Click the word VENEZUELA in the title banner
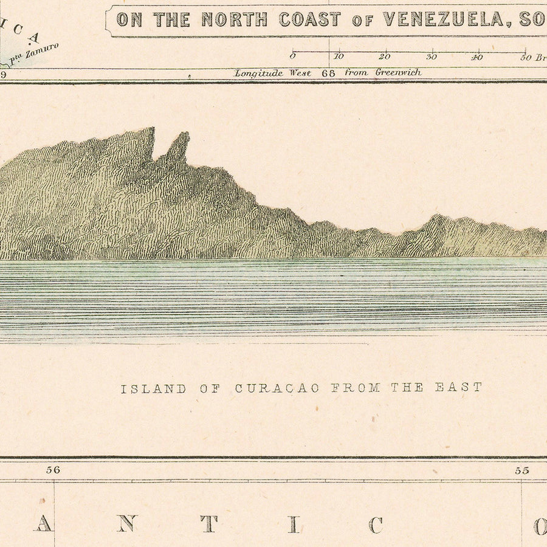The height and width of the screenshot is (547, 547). [444, 19]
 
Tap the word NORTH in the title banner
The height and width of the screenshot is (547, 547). [234, 19]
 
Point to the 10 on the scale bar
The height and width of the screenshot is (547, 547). [338, 57]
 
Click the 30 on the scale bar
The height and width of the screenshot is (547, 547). [431, 57]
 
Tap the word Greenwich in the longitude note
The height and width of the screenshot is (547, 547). [398, 72]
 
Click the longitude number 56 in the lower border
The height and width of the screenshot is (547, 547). [53, 470]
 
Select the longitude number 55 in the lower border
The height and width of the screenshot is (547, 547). [521, 470]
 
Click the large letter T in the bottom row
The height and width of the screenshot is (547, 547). [209, 524]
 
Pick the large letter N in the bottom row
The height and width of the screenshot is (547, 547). [126, 524]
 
